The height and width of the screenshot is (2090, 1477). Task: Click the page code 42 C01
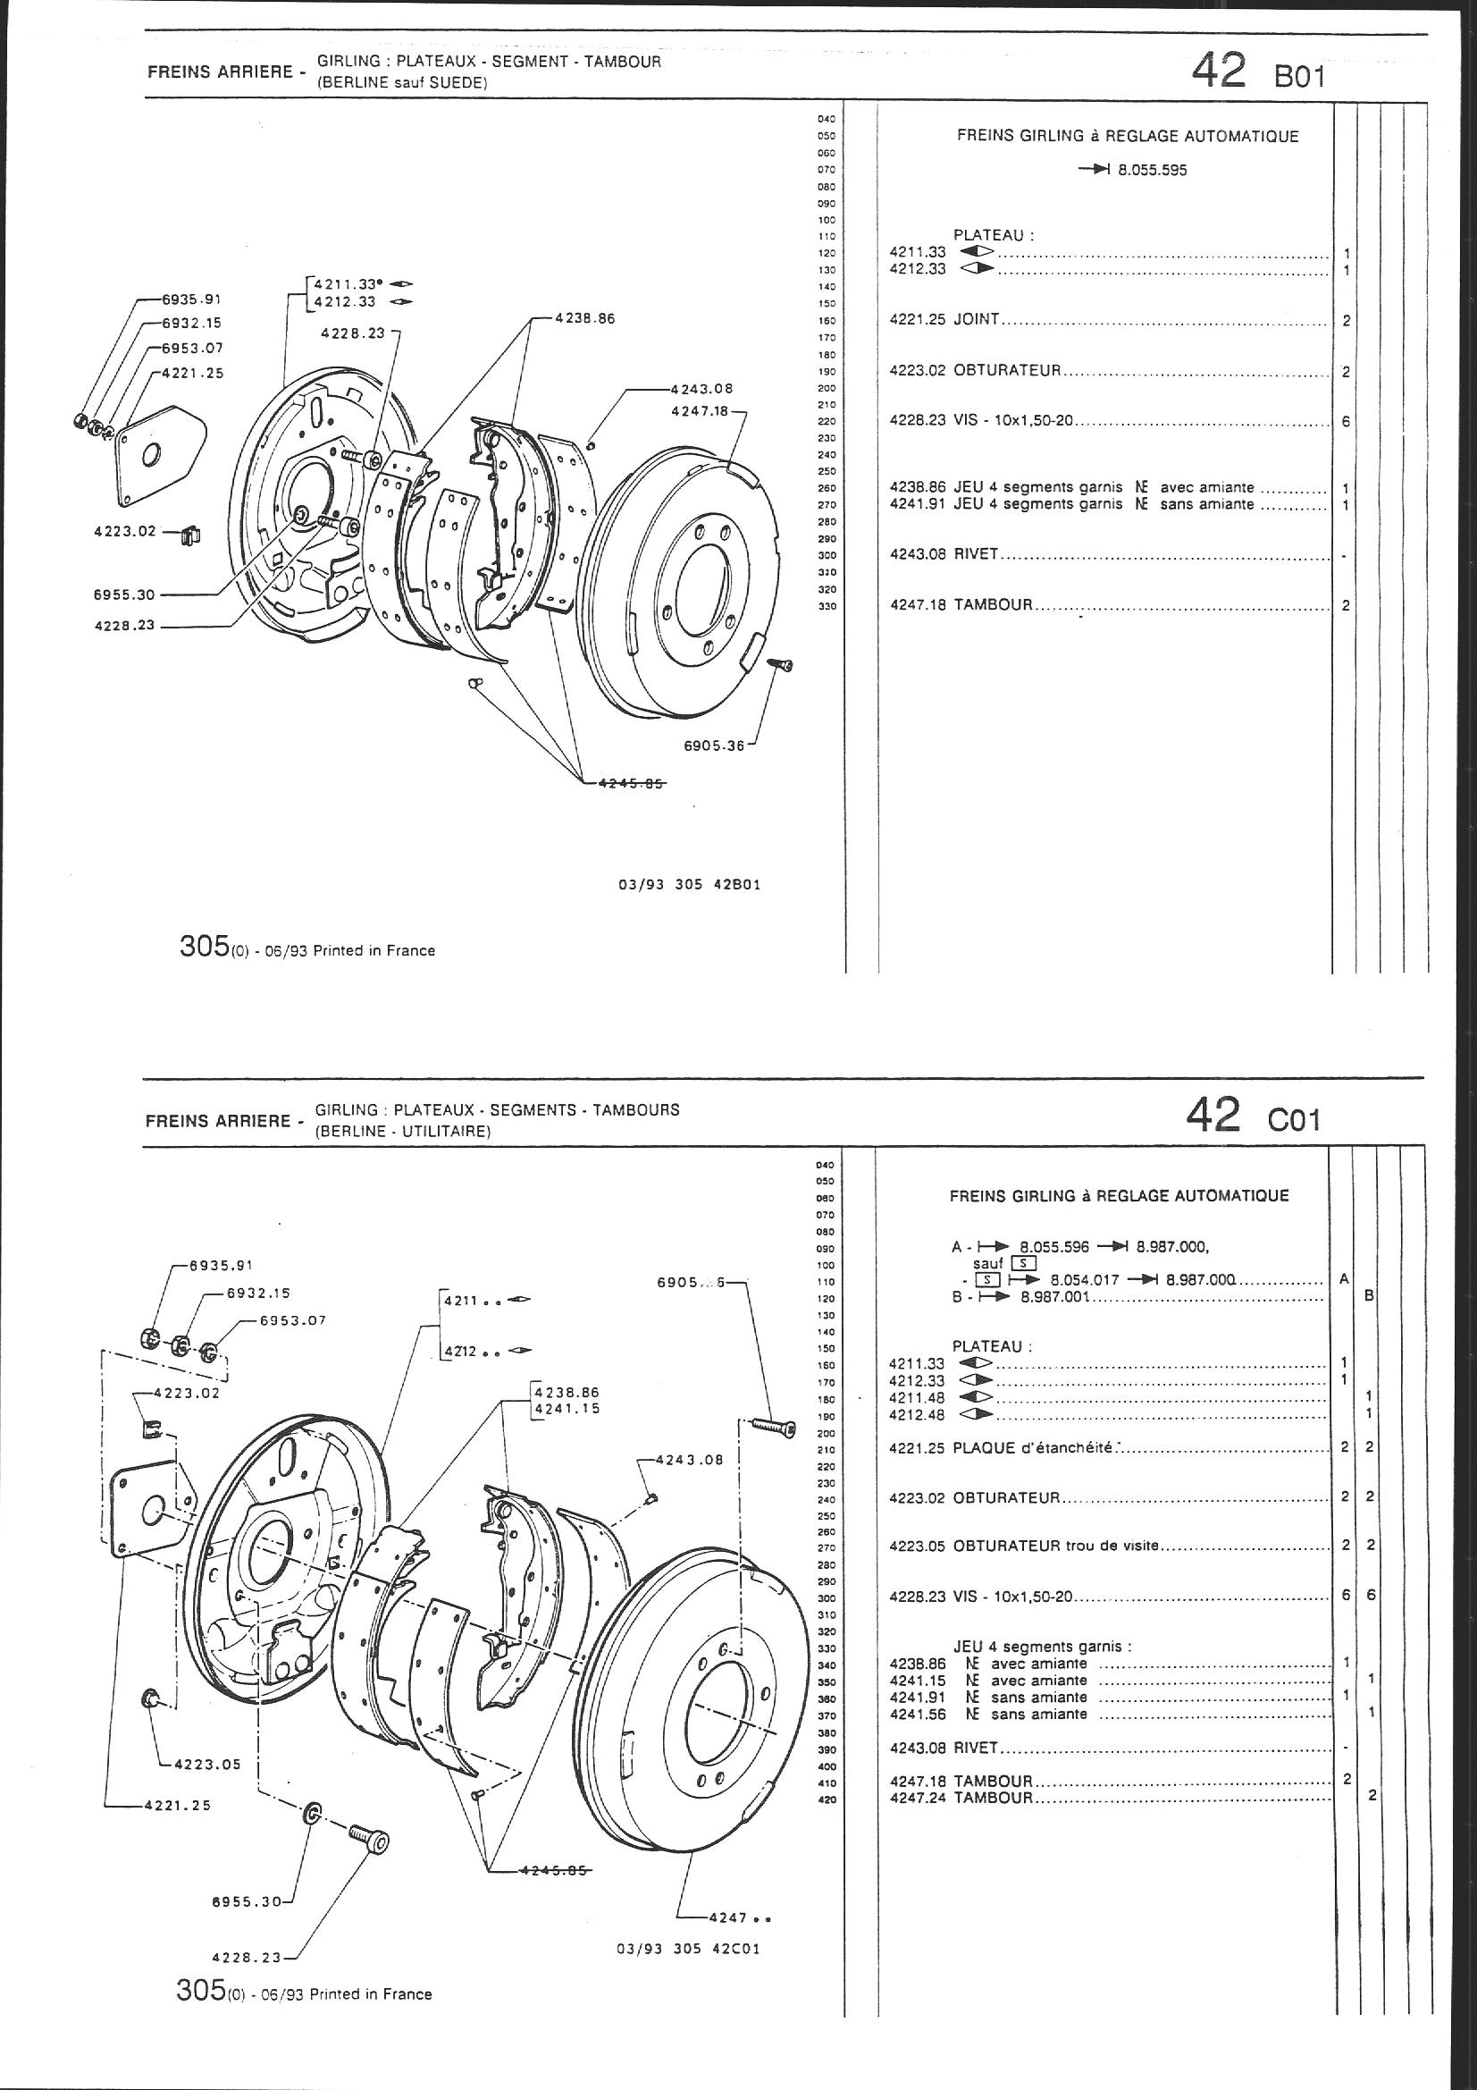1252,1114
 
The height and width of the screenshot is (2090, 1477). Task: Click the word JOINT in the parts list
977,319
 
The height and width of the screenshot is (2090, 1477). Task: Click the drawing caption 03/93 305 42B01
689,884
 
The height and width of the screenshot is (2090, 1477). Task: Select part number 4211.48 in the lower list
917,1397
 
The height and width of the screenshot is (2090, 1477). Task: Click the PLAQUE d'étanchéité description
1033,1447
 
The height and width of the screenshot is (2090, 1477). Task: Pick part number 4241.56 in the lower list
917,1714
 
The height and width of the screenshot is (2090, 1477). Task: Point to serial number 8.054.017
1084,1279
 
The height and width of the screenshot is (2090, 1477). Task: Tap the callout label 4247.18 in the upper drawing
700,411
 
